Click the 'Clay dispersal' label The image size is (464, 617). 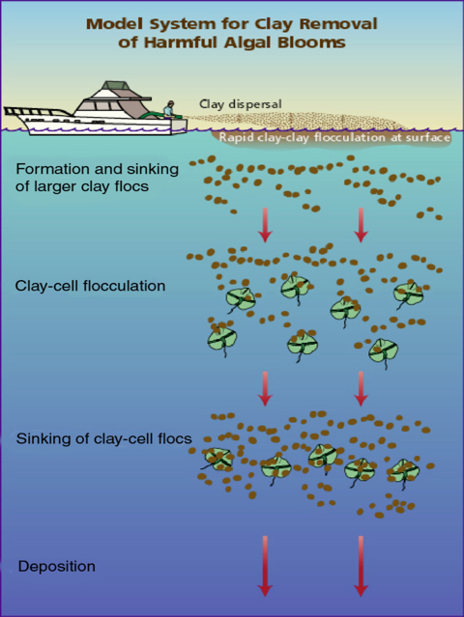pos(241,104)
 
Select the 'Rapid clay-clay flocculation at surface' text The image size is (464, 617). pos(334,138)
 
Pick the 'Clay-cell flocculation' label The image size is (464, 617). pos(90,286)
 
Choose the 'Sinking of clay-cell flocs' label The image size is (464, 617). pos(104,438)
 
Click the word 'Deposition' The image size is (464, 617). pos(57,567)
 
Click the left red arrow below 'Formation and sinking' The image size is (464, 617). pos(265,225)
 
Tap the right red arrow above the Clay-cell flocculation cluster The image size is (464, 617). pos(361,225)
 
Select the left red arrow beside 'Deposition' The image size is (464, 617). pos(265,566)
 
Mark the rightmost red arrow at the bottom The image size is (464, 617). pos(361,566)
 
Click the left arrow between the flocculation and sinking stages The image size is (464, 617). pos(265,388)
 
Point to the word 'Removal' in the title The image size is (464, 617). pos(338,24)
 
